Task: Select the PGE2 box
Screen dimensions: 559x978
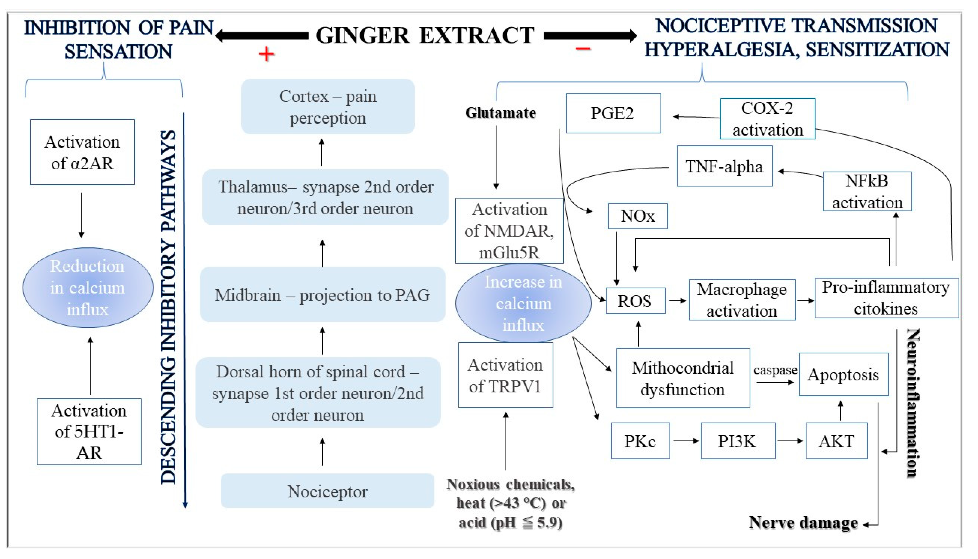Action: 613,113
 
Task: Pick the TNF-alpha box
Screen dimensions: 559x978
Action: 724,166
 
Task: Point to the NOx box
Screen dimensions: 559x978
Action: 638,216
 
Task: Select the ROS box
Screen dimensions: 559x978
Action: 635,301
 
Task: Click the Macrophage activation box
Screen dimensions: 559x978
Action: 742,300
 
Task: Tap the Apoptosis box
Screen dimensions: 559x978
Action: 843,374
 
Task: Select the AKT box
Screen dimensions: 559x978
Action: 836,441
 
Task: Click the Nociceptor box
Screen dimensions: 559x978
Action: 327,491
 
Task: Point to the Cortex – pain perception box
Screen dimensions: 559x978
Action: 328,107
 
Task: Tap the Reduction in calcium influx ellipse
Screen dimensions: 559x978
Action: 88,288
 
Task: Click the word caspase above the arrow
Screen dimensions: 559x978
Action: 775,370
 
